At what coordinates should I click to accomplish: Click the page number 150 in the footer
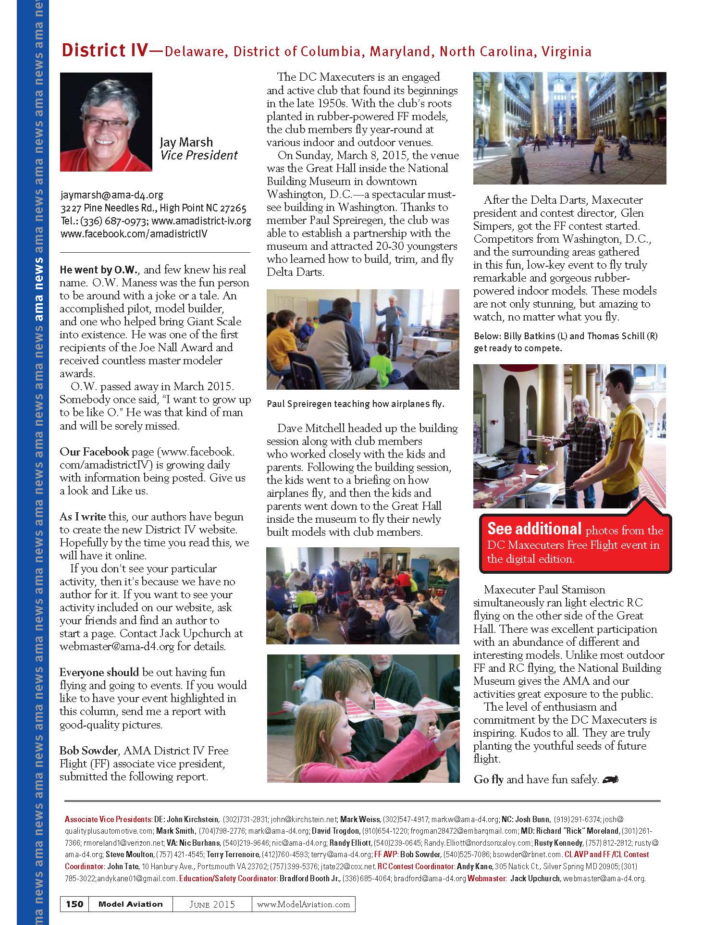coord(74,903)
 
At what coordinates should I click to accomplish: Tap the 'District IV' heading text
coord(104,50)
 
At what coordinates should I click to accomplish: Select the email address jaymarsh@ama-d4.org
coord(112,195)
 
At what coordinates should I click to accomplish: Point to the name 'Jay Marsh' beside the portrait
coord(186,142)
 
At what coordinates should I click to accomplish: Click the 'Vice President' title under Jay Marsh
coord(199,155)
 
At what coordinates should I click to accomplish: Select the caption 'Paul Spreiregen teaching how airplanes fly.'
coord(356,404)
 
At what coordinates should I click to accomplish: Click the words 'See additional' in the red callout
coord(534,529)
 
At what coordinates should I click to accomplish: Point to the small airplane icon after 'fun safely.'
coord(609,779)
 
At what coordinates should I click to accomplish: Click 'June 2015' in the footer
coord(211,904)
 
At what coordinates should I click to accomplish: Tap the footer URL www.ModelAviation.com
coord(304,904)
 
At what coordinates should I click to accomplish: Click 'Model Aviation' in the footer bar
coord(130,904)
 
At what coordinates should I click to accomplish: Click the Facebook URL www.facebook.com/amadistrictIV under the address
coord(134,234)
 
